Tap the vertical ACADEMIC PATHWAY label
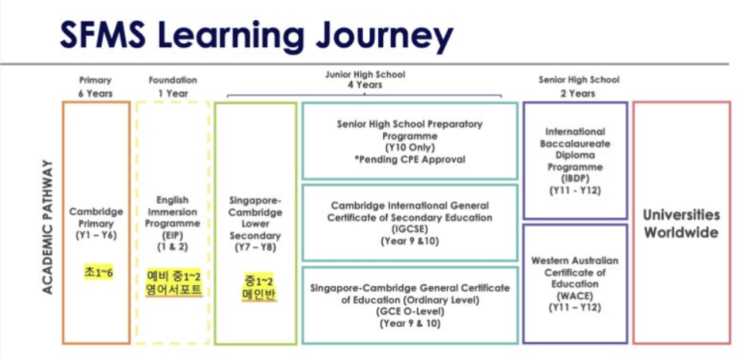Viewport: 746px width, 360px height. [47, 226]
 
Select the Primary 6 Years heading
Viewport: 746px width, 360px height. [96, 87]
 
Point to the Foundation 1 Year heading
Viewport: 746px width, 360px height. [172, 87]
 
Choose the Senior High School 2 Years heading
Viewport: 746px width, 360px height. [578, 87]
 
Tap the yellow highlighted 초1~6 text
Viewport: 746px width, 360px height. [97, 272]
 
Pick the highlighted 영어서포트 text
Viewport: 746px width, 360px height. [173, 291]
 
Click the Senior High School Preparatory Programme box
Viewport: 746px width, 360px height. [409, 141]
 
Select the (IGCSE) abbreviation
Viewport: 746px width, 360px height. [409, 229]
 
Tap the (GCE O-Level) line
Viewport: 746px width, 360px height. [409, 311]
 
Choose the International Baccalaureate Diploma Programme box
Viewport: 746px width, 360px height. [575, 161]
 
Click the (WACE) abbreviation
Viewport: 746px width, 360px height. [575, 295]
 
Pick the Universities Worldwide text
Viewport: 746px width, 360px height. [681, 223]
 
